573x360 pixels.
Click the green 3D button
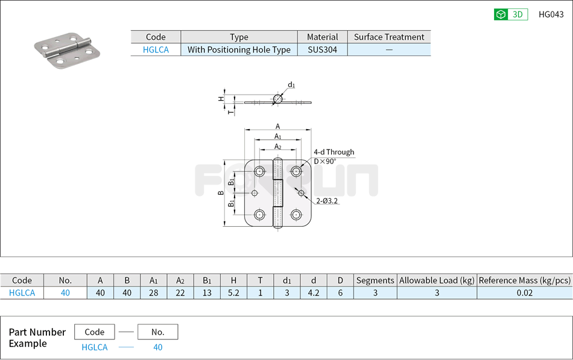tap(510, 14)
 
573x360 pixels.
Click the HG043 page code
tap(551, 14)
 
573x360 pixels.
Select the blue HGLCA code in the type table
tap(156, 50)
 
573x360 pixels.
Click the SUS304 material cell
tap(322, 50)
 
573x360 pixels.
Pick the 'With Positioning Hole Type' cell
tap(239, 50)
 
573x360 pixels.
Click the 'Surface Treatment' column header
tap(389, 37)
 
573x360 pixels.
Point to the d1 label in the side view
tap(291, 85)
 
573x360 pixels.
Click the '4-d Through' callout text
tap(334, 152)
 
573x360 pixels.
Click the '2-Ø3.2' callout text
tap(327, 201)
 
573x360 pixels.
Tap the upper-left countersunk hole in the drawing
tap(259, 172)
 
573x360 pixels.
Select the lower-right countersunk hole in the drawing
tap(296, 215)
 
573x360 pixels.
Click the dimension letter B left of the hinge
tap(221, 193)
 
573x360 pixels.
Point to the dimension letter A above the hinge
tap(277, 127)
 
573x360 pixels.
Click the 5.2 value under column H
tap(233, 293)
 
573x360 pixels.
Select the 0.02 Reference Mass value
tap(524, 293)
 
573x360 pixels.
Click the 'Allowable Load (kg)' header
tap(437, 280)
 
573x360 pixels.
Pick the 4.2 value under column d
tap(313, 293)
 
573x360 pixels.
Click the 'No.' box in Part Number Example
tap(157, 332)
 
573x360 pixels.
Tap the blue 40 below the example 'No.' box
tap(157, 347)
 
